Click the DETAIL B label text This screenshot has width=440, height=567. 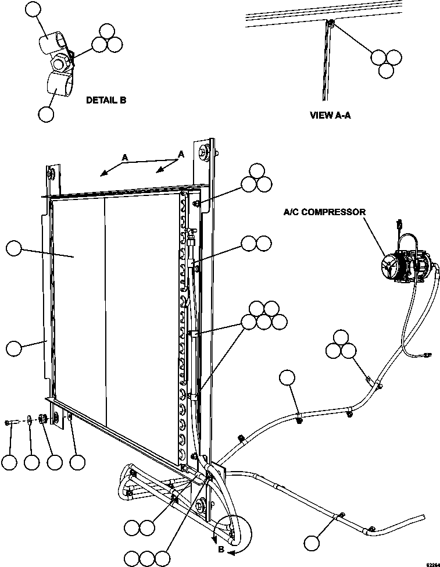pos(106,100)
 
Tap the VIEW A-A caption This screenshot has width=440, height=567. pos(331,115)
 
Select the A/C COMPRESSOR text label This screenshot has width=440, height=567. pos(324,212)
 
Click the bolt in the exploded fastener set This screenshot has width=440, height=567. pos(13,421)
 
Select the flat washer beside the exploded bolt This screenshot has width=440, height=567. pos(29,419)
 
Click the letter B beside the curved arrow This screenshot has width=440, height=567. pos(221,548)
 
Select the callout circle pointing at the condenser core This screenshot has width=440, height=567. pos(14,249)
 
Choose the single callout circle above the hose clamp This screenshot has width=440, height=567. pos(287,378)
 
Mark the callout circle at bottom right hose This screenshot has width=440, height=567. pos(312,543)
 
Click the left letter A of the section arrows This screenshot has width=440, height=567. pos(124,157)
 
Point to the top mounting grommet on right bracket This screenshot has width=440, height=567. pos(205,154)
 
